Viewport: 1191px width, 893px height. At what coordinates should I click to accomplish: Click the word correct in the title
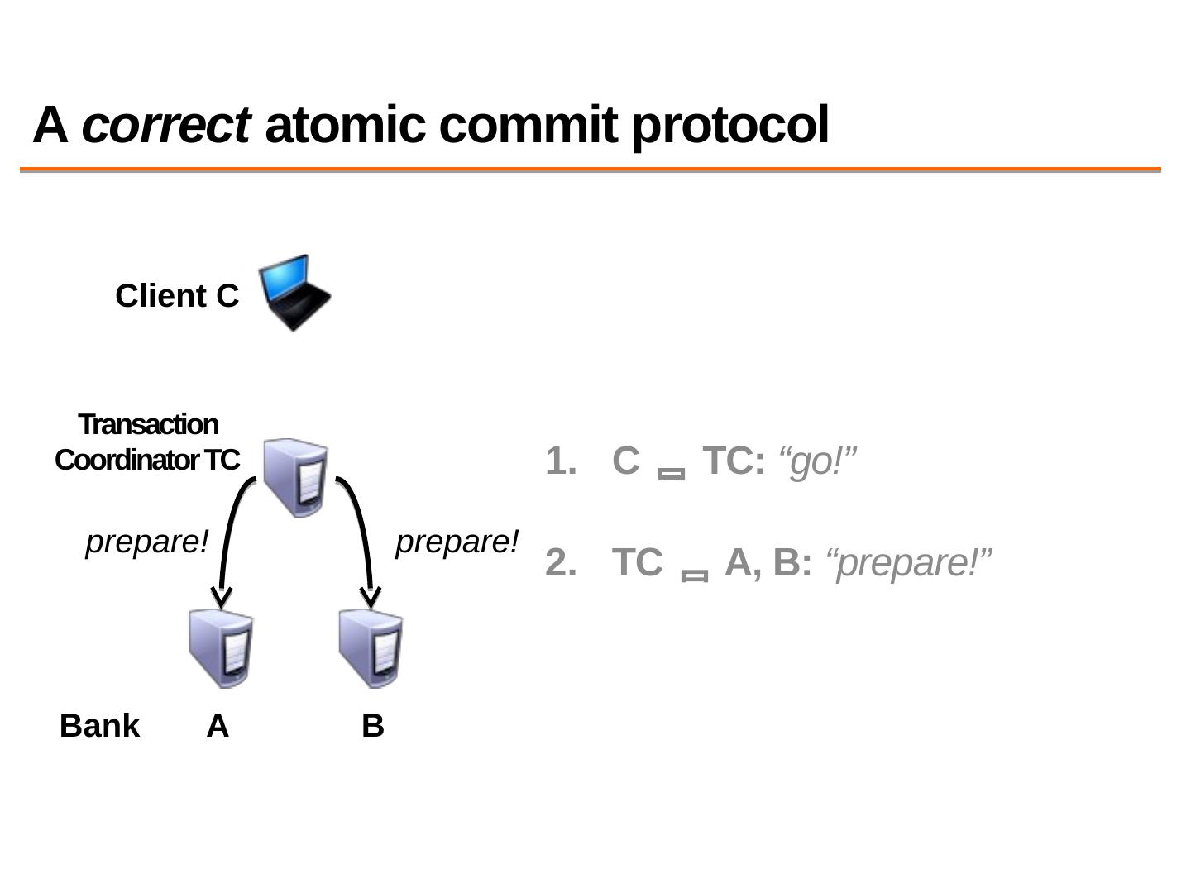point(165,126)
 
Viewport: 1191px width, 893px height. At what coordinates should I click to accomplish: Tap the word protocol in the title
point(729,126)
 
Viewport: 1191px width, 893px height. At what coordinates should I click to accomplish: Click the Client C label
point(177,296)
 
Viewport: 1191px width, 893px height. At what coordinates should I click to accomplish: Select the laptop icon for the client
point(294,292)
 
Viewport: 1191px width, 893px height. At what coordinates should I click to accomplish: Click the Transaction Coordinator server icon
point(295,477)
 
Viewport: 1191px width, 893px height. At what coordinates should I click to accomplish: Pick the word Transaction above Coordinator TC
point(148,424)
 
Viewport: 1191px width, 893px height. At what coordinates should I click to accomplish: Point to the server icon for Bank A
point(221,648)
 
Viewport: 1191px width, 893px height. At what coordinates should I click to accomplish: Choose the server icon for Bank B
point(371,648)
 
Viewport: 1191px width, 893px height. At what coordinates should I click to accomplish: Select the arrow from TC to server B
point(362,537)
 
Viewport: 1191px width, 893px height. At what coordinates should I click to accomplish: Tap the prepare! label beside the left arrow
point(147,542)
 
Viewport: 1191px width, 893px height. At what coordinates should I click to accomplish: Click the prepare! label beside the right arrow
point(457,542)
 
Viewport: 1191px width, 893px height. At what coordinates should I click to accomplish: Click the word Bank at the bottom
point(99,726)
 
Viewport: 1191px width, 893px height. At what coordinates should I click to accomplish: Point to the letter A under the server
point(218,726)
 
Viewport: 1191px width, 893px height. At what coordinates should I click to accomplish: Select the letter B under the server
point(373,726)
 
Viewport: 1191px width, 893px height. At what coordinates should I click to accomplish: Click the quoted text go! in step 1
point(817,461)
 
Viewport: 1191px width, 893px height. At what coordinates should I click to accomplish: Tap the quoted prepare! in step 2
point(909,563)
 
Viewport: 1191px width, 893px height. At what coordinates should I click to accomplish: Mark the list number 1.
point(561,461)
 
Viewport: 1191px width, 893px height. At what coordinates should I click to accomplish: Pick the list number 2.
point(561,563)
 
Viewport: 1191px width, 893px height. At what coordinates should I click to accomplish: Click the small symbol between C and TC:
point(671,474)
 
